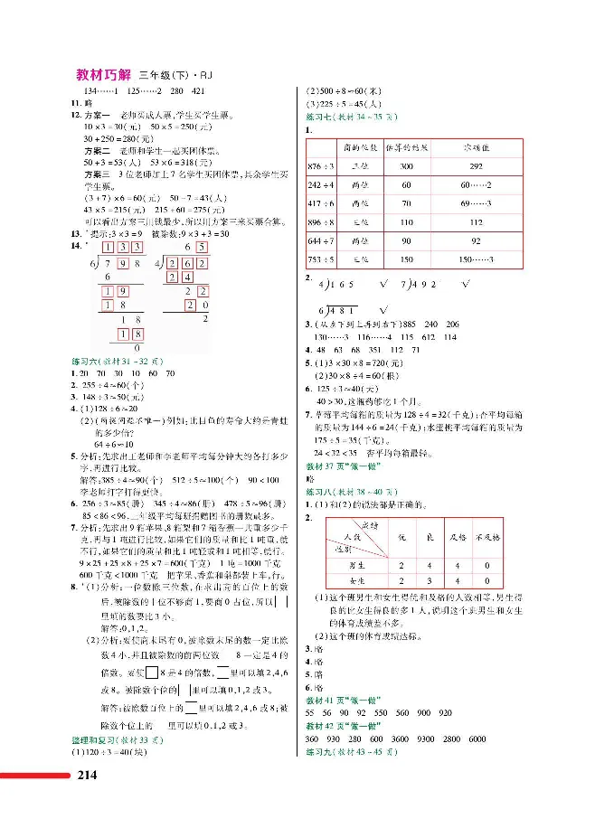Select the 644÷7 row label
coord(322,241)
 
